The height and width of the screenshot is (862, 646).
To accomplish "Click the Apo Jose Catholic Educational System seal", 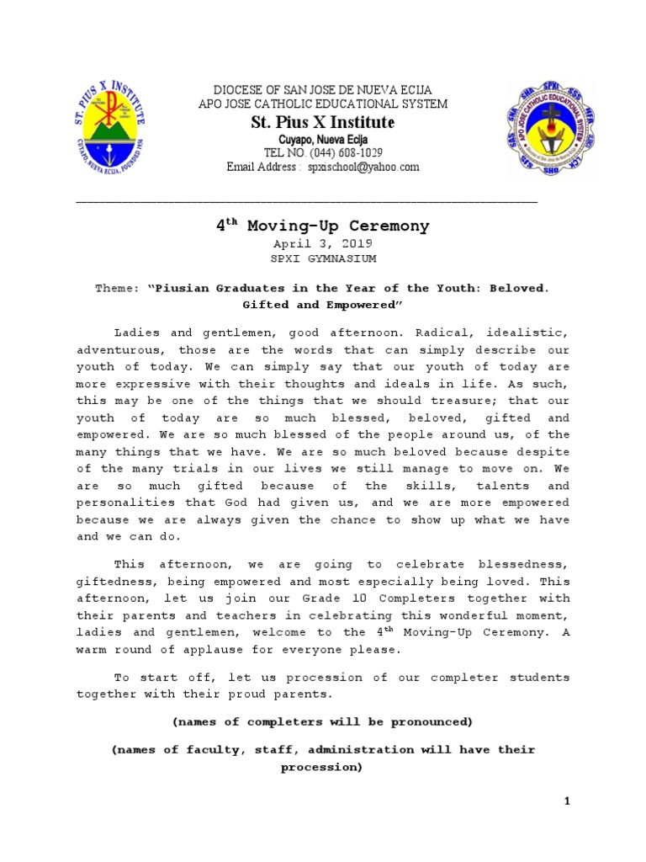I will [548, 128].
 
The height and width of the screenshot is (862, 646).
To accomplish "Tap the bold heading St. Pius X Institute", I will [323, 123].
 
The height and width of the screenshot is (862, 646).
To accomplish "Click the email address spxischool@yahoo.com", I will [364, 168].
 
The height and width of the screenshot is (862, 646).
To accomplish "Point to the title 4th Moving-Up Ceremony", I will [323, 226].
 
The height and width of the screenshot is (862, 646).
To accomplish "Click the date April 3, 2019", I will [323, 242].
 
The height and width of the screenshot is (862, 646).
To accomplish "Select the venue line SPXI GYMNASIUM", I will [323, 258].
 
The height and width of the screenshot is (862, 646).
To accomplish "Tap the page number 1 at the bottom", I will [567, 801].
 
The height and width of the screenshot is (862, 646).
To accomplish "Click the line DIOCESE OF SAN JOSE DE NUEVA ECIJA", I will [323, 90].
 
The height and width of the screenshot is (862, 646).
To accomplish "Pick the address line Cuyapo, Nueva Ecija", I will [323, 139].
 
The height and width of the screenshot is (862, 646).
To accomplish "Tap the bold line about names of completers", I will [323, 722].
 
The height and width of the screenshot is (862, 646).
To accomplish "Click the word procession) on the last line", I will [323, 768].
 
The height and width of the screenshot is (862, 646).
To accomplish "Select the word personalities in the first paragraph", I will [127, 503].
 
